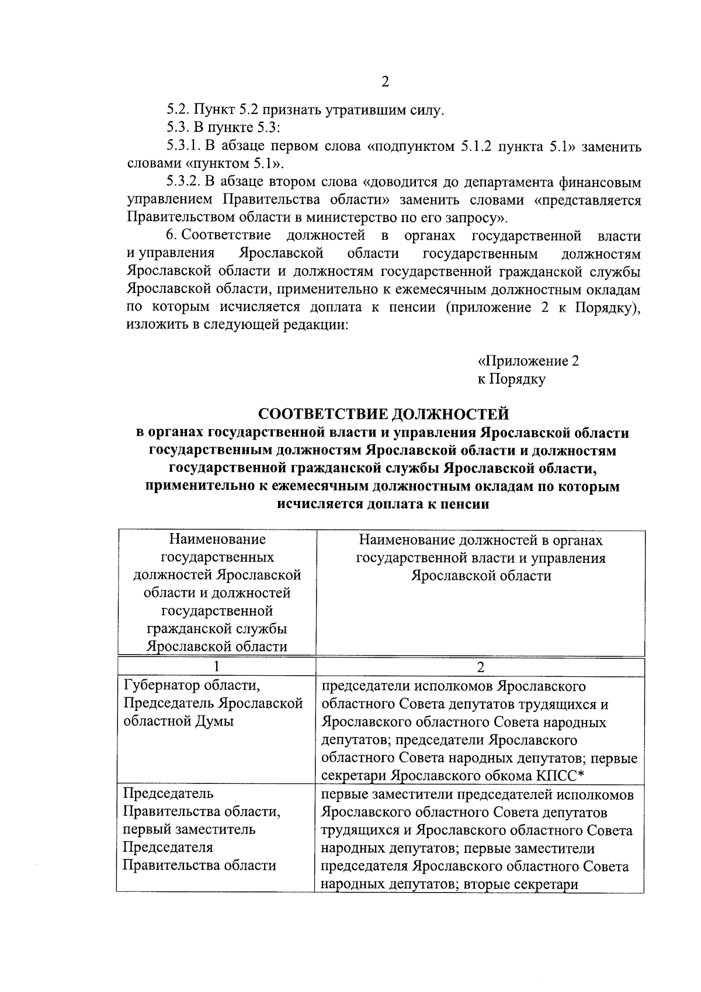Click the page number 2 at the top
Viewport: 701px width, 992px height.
point(385,82)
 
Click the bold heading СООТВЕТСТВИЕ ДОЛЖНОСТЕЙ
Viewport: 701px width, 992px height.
point(384,414)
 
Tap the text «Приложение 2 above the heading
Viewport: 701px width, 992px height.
point(529,361)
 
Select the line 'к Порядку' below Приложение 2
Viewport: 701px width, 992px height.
point(511,379)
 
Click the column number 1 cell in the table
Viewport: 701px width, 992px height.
point(217,667)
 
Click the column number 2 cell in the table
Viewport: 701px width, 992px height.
point(480,667)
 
